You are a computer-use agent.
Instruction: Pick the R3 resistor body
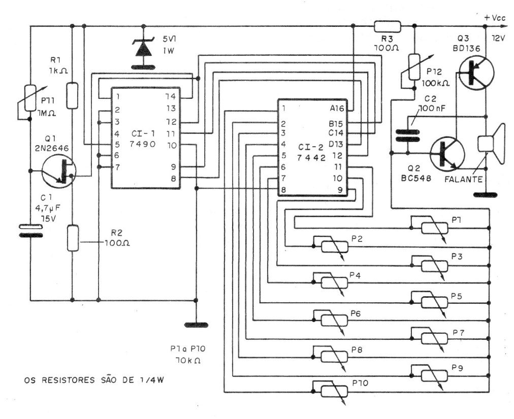coord(388,26)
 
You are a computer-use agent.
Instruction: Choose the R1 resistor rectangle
coord(73,96)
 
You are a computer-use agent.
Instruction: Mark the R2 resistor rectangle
coord(73,238)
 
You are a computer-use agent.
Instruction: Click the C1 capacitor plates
coord(30,231)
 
